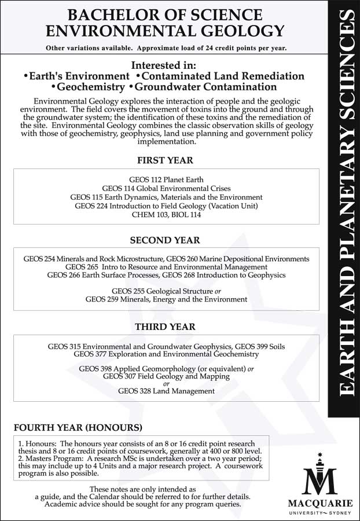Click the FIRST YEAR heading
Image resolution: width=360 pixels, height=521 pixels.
point(165,160)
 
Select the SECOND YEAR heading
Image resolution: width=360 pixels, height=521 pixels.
point(165,240)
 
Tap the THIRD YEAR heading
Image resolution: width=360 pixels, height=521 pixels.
point(165,326)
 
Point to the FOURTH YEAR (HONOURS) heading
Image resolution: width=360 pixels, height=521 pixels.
point(78,428)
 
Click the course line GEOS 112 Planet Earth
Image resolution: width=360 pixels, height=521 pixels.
point(166,180)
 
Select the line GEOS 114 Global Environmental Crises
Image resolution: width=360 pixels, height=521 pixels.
point(166,189)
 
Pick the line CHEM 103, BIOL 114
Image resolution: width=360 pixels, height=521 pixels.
point(166,215)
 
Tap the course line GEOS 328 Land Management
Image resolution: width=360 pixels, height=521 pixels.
point(166,391)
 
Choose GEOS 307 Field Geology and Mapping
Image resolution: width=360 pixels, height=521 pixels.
point(166,376)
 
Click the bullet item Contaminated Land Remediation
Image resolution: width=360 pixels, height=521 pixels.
point(223,76)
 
